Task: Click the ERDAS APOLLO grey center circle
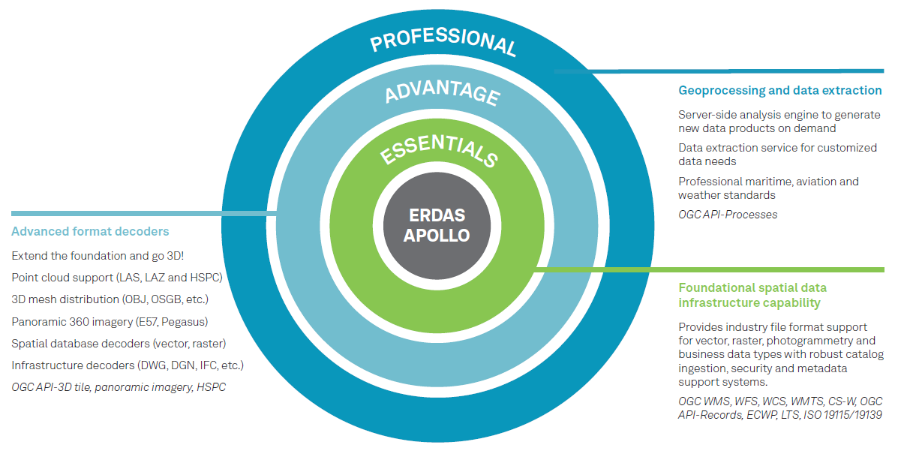[x=437, y=224]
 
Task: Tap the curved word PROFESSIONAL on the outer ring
[x=443, y=42]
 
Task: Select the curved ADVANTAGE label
[x=442, y=93]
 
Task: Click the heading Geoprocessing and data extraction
[x=779, y=91]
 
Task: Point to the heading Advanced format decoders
[x=90, y=231]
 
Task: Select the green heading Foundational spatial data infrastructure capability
[x=752, y=296]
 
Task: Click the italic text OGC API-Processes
[x=728, y=215]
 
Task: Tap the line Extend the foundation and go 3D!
[x=98, y=256]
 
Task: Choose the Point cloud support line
[x=117, y=278]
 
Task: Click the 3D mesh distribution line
[x=110, y=299]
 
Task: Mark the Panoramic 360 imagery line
[x=110, y=322]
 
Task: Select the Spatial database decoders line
[x=119, y=344]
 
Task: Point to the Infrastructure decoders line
[x=128, y=365]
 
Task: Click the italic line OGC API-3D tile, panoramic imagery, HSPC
[x=119, y=387]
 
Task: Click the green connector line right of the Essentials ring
[x=713, y=269]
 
